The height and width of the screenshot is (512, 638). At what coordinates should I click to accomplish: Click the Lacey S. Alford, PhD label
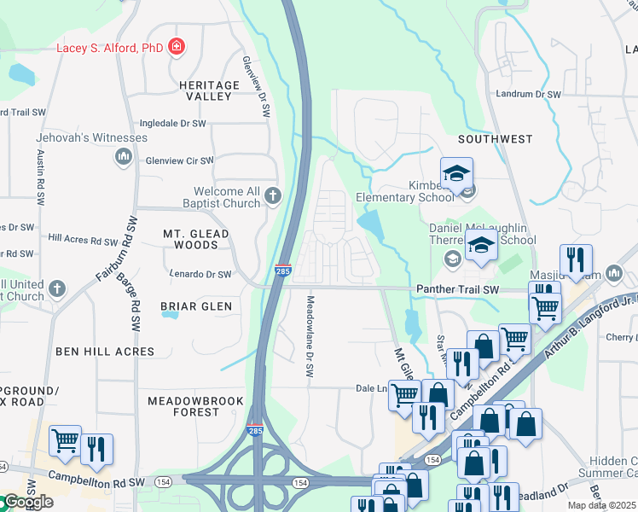(109, 47)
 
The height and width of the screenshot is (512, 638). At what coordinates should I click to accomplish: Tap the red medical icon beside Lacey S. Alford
(177, 46)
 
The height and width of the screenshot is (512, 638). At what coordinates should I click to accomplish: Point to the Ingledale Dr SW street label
(173, 124)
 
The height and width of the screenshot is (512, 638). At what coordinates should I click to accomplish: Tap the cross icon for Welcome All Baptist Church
(272, 196)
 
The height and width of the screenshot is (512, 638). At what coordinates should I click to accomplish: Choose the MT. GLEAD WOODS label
(196, 239)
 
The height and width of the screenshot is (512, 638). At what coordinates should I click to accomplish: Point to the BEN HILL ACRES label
(105, 351)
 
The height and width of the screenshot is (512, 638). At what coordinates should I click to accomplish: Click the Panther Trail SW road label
(456, 290)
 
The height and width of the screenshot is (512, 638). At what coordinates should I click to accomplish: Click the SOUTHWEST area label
(495, 138)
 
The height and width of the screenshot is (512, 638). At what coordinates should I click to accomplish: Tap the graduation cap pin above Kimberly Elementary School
(456, 173)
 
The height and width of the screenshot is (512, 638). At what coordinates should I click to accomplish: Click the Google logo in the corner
(27, 502)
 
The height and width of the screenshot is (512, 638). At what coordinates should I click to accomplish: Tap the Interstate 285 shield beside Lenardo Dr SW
(282, 271)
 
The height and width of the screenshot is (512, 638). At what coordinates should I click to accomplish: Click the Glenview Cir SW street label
(179, 160)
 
